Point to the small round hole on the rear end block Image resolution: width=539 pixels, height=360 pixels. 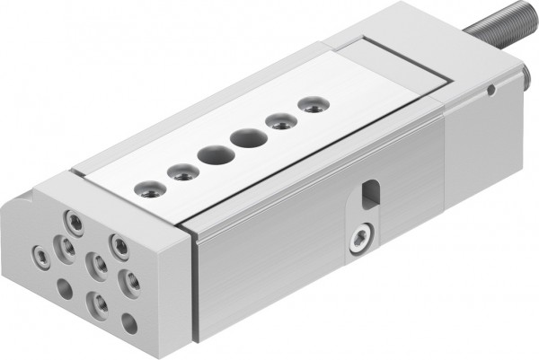pos(490,90)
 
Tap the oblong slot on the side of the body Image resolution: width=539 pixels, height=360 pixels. pos(368,192)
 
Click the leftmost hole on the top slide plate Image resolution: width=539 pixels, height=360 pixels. pos(147,189)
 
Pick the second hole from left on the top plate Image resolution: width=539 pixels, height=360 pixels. pos(182,171)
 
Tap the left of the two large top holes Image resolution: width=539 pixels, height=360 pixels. pos(216,154)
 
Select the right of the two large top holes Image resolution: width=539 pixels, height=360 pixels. pos(248,139)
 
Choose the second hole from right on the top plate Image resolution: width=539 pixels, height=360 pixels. pos(281,120)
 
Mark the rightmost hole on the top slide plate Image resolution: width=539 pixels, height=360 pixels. pos(310,105)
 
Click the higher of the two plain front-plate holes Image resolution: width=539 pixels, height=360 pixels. pos(65,289)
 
